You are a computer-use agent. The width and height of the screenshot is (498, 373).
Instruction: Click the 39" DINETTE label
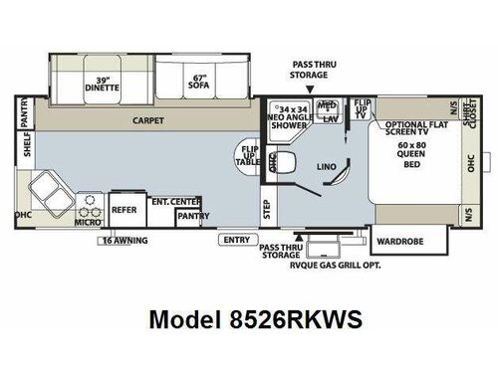pos(101,83)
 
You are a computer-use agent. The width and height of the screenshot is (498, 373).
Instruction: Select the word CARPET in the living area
pos(149,120)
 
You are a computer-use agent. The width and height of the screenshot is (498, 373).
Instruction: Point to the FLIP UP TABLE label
pos(249,161)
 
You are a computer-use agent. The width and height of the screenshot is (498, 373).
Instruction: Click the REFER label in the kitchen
pos(124,210)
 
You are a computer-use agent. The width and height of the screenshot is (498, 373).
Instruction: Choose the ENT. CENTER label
pos(177,202)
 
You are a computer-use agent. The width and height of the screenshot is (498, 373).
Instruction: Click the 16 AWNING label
pos(124,240)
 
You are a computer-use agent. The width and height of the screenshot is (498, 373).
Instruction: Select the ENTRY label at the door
pos(237,240)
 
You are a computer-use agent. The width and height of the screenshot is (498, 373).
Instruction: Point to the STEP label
pos(266,209)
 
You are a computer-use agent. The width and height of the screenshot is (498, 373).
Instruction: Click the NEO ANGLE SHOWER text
pos(291,116)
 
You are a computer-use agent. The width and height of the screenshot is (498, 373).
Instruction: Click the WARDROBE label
pos(401,239)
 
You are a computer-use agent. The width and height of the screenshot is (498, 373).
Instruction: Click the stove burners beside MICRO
pos(91,204)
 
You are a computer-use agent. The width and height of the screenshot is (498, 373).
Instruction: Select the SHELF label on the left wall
pos(27,150)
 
